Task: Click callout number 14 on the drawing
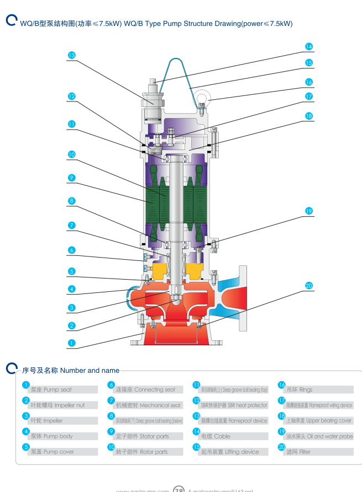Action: coord(309,46)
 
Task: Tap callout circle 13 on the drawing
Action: coord(71,55)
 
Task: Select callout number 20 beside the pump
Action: coord(309,285)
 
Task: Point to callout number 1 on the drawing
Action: coord(71,343)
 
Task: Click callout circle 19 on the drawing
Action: coord(309,211)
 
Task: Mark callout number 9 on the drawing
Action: coord(71,178)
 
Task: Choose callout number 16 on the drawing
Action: coord(309,82)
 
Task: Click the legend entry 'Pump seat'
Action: coord(51,389)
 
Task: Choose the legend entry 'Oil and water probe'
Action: coord(321,436)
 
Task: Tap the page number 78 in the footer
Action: coord(179,489)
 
